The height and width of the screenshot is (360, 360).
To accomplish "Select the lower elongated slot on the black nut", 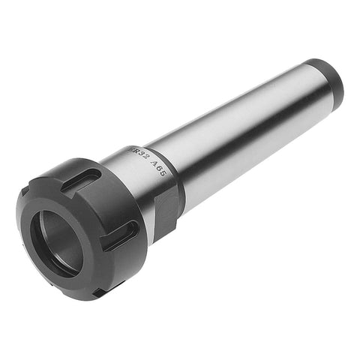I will coord(122,239).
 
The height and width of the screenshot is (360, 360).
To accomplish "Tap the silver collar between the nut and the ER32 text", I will coord(124,161).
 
